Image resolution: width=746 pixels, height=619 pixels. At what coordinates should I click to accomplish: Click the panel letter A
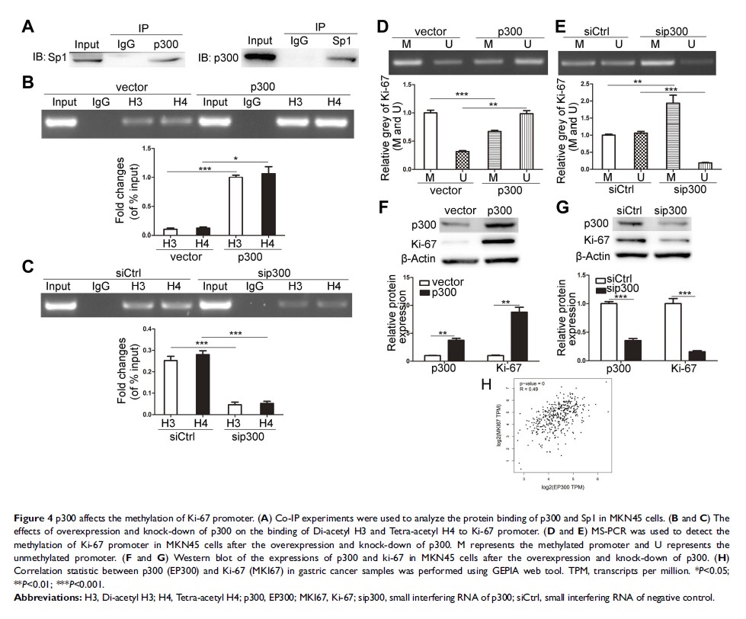click(x=27, y=27)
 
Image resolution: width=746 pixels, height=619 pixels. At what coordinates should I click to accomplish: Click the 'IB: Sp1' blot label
click(x=46, y=57)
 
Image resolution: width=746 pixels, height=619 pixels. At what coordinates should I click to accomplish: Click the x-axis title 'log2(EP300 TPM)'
click(x=563, y=485)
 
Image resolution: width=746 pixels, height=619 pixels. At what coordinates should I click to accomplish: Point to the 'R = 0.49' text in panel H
click(x=529, y=388)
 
